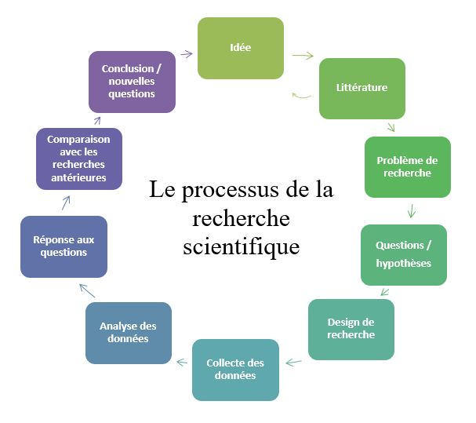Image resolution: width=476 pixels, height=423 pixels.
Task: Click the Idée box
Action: [240, 48]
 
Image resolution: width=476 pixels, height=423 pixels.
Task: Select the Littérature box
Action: [362, 88]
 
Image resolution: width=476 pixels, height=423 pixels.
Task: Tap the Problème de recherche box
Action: [407, 166]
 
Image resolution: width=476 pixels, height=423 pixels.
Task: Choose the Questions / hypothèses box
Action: [403, 254]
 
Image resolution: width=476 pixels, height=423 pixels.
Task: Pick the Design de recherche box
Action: [351, 329]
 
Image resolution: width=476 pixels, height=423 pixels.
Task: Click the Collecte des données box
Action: [235, 369]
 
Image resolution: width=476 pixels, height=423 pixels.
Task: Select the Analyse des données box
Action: [128, 332]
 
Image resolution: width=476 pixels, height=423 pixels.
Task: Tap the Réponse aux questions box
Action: [64, 246]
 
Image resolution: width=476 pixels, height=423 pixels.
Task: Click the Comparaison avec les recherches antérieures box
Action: [78, 159]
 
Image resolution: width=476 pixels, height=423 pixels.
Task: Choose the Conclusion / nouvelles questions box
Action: [132, 82]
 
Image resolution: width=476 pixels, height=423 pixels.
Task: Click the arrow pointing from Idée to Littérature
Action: [303, 56]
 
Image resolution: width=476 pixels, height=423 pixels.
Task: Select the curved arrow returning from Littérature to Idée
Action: [301, 96]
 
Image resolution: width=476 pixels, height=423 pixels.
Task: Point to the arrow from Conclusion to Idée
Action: [186, 53]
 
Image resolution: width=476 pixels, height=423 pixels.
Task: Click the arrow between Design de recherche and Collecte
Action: [294, 363]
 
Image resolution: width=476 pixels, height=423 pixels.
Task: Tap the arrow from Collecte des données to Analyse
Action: [183, 362]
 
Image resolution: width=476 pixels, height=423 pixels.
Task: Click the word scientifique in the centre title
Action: [241, 246]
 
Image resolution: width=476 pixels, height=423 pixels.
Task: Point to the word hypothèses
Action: [403, 263]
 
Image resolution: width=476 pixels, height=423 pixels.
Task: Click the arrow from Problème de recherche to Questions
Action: [411, 211]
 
